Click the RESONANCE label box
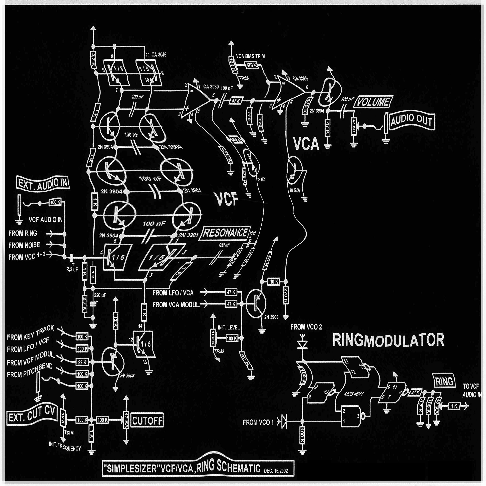click(x=225, y=233)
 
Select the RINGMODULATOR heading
click(x=388, y=340)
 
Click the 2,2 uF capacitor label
click(x=72, y=269)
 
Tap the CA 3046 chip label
click(x=159, y=55)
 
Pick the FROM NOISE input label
click(x=24, y=245)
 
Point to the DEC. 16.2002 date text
click(x=276, y=470)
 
